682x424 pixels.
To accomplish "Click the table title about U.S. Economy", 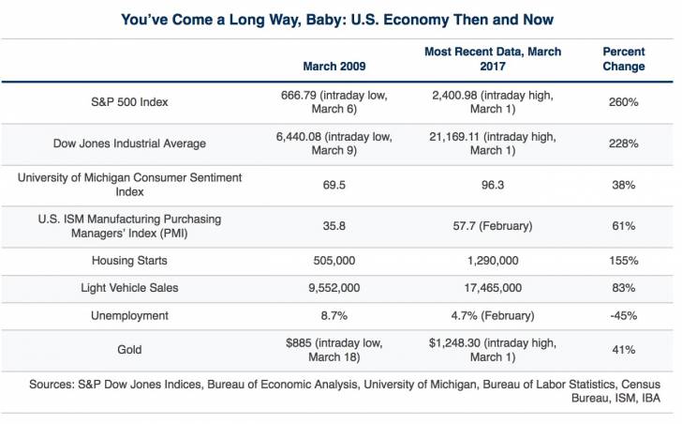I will tap(341, 20).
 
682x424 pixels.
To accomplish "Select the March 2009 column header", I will tap(334, 67).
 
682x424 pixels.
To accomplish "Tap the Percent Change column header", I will tap(623, 59).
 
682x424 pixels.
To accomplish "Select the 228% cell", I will tap(623, 144).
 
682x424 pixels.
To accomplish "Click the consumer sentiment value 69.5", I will tap(334, 186).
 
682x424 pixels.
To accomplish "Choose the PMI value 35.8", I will tap(334, 226).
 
